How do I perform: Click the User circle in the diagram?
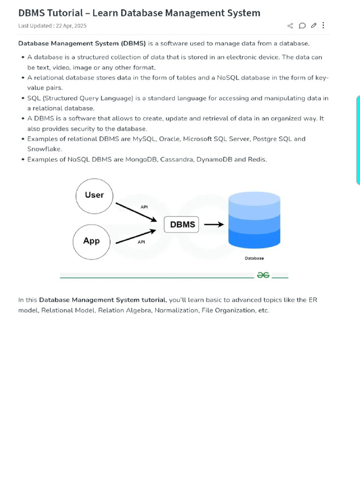94,195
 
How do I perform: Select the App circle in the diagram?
91,241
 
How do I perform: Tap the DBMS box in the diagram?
182,225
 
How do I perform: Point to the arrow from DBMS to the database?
214,225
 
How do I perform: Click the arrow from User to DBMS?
136,212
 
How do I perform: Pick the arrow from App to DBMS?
135,236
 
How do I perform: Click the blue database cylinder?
254,221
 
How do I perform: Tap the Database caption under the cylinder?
255,258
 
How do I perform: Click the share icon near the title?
290,25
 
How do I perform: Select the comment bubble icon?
302,25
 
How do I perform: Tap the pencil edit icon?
314,25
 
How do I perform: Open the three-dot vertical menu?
323,25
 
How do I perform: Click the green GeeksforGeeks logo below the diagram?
263,276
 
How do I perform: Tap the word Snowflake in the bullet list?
45,149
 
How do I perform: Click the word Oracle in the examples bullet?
169,139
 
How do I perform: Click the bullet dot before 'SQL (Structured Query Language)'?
23,98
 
